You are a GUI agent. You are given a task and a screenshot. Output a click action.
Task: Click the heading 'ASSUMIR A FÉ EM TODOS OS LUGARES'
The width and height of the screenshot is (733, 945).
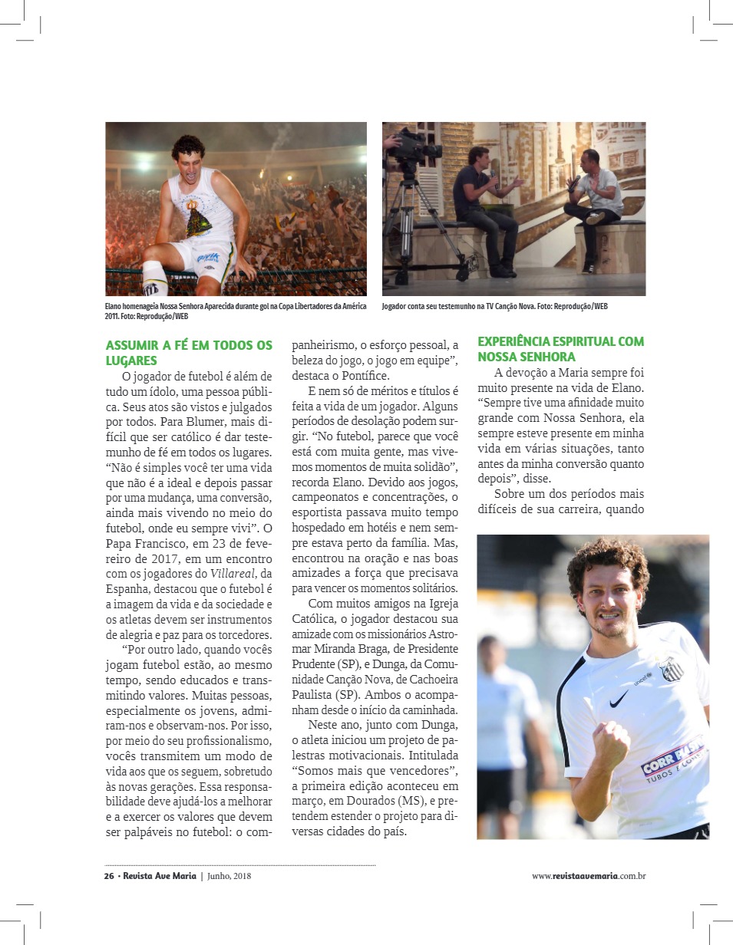tap(188, 353)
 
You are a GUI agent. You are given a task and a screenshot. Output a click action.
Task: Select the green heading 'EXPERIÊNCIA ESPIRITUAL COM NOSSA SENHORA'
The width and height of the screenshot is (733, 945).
tap(560, 349)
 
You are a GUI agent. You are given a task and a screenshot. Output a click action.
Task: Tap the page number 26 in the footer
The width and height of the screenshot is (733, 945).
tap(109, 876)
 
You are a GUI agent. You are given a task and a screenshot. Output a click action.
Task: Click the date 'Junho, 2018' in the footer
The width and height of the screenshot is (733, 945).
tap(229, 876)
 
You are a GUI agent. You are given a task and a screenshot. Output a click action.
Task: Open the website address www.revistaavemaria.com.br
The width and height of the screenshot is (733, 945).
tap(588, 876)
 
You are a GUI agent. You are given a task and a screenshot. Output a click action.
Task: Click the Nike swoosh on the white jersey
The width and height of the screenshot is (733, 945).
tap(619, 700)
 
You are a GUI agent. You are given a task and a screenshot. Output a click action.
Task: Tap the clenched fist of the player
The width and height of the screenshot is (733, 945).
tap(611, 744)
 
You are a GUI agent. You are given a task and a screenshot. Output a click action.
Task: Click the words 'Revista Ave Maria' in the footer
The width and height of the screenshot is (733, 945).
tap(159, 876)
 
